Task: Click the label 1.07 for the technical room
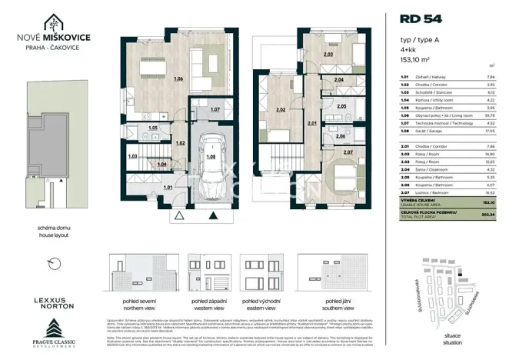click(x=215, y=110)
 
